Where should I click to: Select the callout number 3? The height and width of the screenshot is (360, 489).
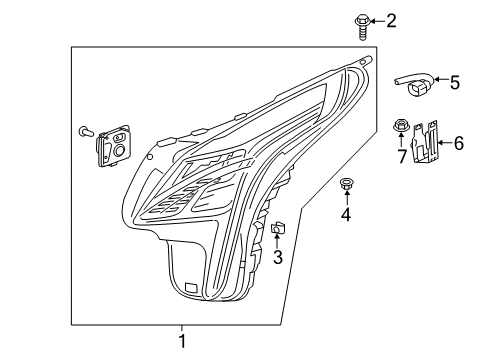(x=278, y=257)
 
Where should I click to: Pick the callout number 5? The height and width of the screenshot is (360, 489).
(x=454, y=83)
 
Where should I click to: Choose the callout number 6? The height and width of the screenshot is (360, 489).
(x=458, y=144)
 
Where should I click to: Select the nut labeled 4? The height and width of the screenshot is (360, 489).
(x=347, y=183)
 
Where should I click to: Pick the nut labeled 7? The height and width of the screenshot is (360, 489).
(x=400, y=126)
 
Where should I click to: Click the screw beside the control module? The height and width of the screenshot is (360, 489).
(x=84, y=130)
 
